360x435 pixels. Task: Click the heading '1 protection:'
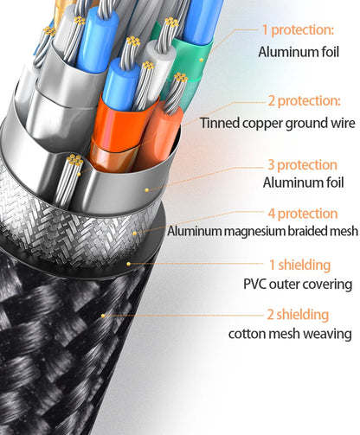(298, 30)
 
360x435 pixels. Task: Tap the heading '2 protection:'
(305, 101)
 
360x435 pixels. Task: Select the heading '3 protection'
(303, 165)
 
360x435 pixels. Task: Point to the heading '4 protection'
(303, 214)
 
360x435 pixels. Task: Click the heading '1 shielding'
(299, 265)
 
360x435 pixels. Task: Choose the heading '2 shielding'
(298, 314)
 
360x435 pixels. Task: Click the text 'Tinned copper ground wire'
(278, 123)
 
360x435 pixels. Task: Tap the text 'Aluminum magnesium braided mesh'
(263, 231)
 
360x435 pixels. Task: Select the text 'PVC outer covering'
(298, 285)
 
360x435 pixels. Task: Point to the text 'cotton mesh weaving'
(290, 334)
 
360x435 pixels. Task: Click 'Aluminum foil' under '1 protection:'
(299, 52)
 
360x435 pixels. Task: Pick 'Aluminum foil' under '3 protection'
(303, 182)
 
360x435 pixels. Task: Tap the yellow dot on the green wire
(202, 60)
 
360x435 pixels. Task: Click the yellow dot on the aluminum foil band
(147, 190)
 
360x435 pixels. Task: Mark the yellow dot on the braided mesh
(135, 233)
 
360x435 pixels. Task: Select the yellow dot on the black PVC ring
(129, 264)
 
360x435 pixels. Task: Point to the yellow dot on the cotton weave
(103, 316)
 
